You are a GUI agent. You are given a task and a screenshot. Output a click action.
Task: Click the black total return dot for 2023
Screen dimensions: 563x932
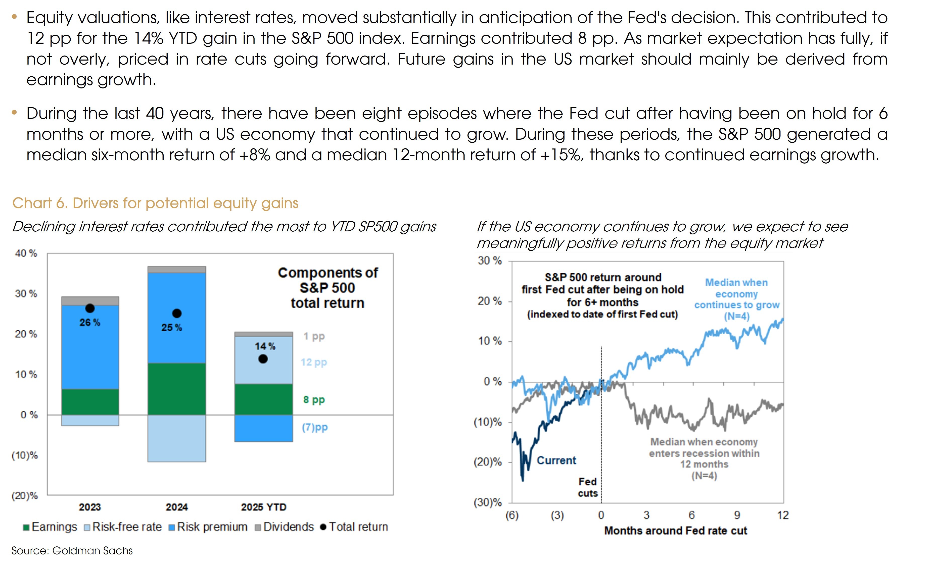coord(90,309)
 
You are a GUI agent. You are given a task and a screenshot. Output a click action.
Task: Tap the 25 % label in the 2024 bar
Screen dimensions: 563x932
coord(172,327)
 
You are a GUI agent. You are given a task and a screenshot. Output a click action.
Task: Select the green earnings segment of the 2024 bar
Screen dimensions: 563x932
coord(177,389)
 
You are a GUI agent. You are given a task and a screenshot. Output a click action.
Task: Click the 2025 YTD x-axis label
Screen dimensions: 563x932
coord(264,507)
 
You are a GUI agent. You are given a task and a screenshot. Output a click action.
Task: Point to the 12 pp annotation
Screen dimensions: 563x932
coord(314,362)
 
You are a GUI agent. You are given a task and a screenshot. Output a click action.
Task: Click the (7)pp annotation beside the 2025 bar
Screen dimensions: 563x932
coord(315,428)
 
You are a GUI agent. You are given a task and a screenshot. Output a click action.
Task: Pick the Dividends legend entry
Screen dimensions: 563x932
coord(285,527)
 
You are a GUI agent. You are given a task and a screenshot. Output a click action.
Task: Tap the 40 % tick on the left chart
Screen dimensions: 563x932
coord(26,253)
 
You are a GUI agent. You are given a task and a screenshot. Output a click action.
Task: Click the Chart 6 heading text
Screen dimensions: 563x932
coord(155,203)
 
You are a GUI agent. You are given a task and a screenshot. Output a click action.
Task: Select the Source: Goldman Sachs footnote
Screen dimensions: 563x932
coord(72,550)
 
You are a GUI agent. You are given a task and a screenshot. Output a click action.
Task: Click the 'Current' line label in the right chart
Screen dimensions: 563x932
coord(556,460)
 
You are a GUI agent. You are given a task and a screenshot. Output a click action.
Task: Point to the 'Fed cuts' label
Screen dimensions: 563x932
coord(587,487)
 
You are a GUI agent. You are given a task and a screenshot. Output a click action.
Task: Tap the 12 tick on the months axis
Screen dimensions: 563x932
coord(783,515)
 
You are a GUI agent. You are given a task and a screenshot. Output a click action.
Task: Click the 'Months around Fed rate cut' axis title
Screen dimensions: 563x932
coord(676,531)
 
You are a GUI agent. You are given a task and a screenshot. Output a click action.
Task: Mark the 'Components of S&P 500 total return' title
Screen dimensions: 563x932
coord(328,288)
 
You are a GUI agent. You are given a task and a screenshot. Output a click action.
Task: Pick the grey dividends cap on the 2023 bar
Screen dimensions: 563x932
coord(90,301)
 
